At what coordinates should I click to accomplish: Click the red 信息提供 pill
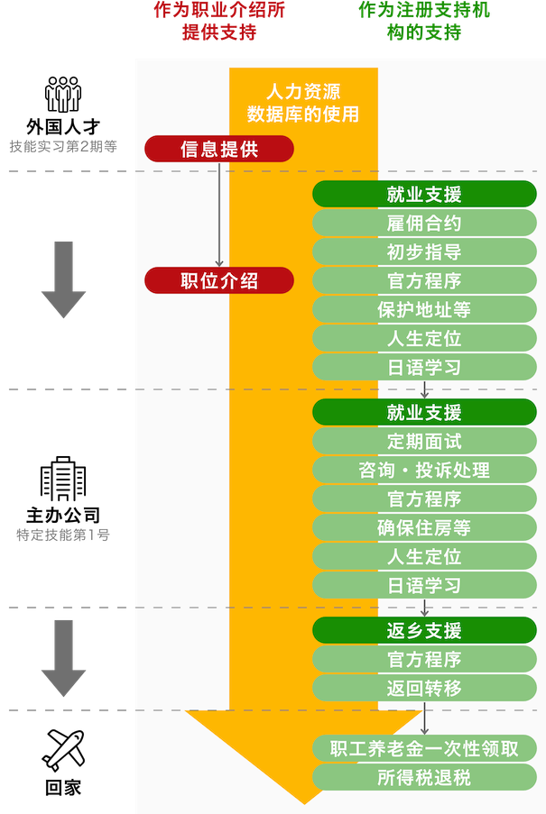[219, 149]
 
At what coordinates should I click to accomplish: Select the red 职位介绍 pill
[219, 281]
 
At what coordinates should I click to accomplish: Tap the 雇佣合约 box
[424, 224]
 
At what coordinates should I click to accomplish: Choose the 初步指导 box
[424, 252]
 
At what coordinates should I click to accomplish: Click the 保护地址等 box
[424, 309]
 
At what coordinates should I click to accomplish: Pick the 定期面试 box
[424, 442]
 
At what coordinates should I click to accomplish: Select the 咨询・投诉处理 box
[424, 470]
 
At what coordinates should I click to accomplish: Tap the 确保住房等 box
[424, 527]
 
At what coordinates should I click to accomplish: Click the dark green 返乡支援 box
[424, 630]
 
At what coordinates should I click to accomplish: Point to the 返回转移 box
[424, 688]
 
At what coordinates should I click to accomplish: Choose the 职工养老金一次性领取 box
[424, 748]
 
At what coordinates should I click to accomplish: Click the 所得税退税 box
[424, 777]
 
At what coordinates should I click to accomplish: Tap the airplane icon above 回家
[63, 750]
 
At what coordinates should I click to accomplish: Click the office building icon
[63, 479]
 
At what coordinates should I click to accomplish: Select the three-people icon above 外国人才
[63, 94]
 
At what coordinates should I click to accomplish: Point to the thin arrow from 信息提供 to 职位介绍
[219, 215]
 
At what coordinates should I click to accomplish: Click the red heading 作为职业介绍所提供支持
[219, 21]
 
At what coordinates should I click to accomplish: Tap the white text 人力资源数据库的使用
[303, 103]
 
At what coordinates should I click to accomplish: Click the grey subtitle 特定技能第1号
[63, 535]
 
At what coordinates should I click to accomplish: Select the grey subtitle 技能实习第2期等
[63, 146]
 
